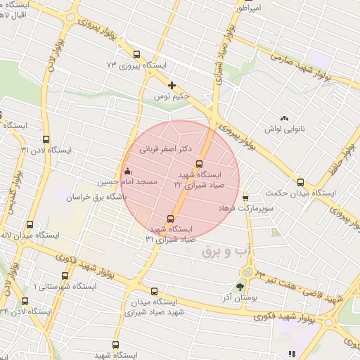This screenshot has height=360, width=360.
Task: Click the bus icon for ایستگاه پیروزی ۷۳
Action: point(136,53)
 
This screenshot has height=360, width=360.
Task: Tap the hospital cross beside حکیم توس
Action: point(172,86)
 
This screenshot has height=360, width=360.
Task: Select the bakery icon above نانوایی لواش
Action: point(284,119)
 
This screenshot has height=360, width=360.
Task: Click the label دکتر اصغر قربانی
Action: point(167,149)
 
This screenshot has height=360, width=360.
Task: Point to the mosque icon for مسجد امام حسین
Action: point(127,171)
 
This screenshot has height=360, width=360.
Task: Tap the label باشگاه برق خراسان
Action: point(94,198)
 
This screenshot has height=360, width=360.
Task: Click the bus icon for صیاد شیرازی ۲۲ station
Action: point(198,164)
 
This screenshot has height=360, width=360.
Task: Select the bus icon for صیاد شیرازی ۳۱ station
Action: point(170,219)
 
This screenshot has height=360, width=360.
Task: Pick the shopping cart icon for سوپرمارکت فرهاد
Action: point(245,198)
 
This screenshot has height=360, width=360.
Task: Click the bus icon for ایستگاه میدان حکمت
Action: point(300,181)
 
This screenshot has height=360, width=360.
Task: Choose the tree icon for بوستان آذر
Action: point(241,286)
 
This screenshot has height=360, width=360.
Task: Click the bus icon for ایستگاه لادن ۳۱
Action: point(46,139)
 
